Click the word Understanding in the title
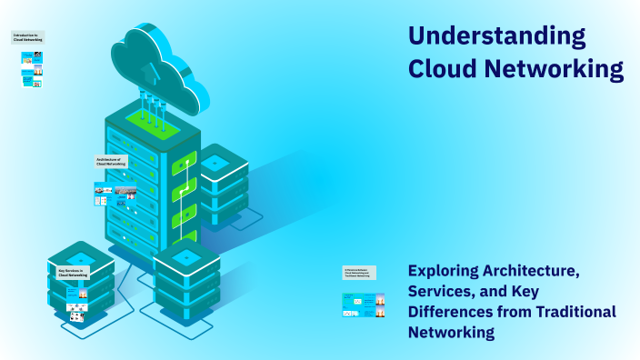[496, 37]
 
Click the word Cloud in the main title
[445, 69]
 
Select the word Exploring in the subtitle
[449, 271]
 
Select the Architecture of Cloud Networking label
[112, 161]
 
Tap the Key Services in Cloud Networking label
[72, 272]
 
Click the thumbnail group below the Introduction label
[33, 69]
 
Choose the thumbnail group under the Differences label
[363, 305]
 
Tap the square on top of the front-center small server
[187, 258]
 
